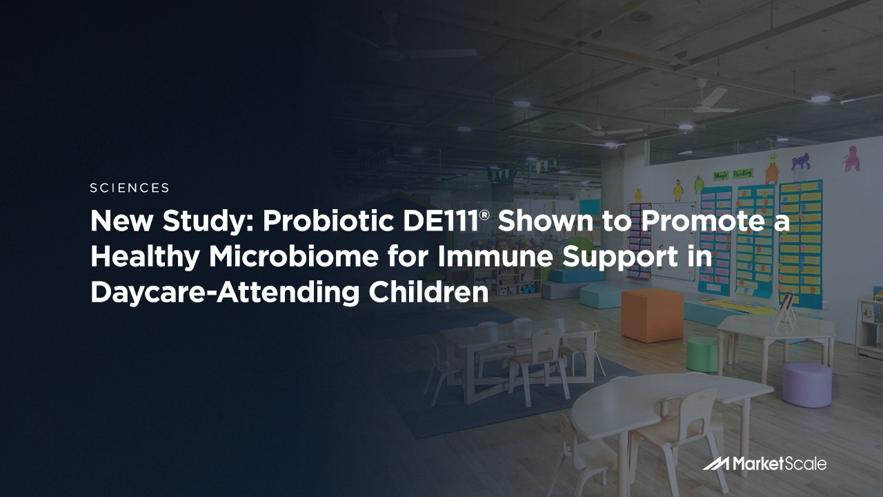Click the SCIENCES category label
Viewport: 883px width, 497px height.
(x=130, y=188)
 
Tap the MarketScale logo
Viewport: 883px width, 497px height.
(x=764, y=464)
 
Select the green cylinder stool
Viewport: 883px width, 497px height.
(x=702, y=353)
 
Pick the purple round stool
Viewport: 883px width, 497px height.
(x=806, y=384)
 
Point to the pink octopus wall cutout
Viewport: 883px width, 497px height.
(x=852, y=158)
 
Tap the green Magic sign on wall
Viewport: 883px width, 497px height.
(x=722, y=176)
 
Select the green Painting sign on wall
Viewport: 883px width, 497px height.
(x=742, y=173)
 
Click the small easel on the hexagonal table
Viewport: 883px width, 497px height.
(x=786, y=309)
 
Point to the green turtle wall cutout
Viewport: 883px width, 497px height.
(x=698, y=184)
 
